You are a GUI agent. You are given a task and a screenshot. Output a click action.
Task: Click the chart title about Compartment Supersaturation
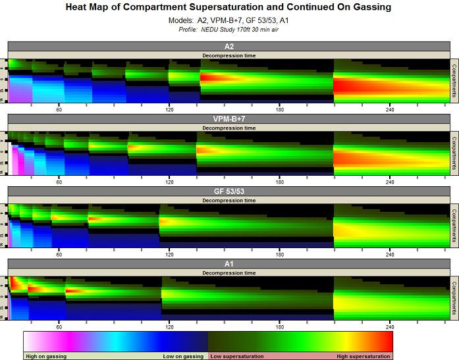(229, 8)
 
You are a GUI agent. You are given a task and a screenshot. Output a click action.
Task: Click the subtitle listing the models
(229, 21)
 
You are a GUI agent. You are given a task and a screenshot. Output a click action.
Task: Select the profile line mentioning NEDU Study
(229, 30)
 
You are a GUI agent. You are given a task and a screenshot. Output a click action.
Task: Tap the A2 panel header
(229, 47)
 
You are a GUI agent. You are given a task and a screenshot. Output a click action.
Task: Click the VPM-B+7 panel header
(229, 119)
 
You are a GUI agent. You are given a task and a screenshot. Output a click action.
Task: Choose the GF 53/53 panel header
(229, 192)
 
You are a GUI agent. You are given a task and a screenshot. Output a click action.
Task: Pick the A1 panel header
(229, 264)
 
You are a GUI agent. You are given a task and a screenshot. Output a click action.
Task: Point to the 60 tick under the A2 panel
(59, 109)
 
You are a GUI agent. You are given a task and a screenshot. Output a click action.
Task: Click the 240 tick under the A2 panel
(390, 109)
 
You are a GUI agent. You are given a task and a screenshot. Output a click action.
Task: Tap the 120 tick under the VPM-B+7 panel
(169, 181)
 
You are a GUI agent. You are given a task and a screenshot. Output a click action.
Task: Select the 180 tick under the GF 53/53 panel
(280, 253)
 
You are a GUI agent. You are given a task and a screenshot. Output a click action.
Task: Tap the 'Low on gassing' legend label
(184, 356)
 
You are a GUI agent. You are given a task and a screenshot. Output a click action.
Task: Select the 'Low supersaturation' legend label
(237, 356)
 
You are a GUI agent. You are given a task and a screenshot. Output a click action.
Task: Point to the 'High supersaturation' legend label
(363, 356)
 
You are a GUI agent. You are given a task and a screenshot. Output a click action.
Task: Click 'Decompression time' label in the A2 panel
(229, 55)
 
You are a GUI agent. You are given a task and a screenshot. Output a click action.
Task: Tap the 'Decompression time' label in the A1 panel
(229, 272)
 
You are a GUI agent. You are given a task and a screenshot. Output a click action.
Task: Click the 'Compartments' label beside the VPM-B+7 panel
(454, 153)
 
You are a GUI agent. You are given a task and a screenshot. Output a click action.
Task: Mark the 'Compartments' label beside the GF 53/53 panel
(454, 226)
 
